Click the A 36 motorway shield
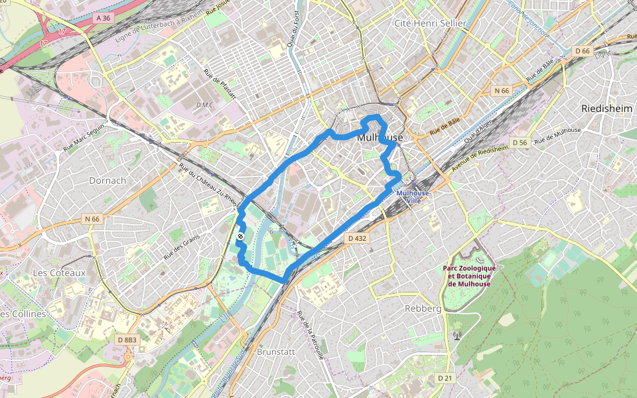(103, 19)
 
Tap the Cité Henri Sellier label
(431, 23)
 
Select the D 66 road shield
(583, 50)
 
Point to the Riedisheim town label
(606, 107)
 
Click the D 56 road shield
(520, 143)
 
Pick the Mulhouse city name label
(380, 137)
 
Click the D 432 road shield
(356, 237)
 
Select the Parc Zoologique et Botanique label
(469, 276)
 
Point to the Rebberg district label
(423, 308)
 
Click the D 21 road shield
(445, 377)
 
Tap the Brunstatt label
(275, 352)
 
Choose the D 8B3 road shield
(127, 340)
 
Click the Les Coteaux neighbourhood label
(59, 273)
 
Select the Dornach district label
(107, 180)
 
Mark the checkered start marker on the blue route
(240, 236)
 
